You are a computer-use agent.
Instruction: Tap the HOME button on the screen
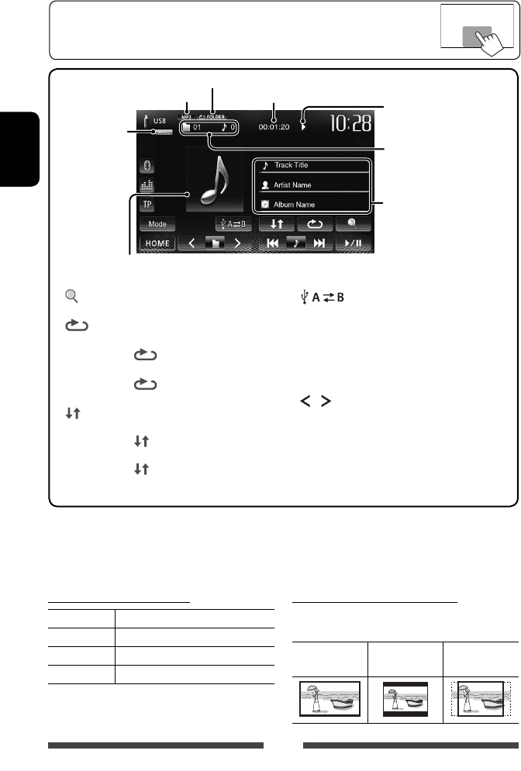pyautogui.click(x=157, y=243)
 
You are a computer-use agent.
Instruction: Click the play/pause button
pyautogui.click(x=354, y=243)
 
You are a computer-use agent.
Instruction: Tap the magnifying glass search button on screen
pyautogui.click(x=354, y=223)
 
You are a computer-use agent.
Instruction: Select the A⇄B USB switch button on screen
pyautogui.click(x=235, y=223)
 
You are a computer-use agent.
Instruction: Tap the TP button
pyautogui.click(x=147, y=205)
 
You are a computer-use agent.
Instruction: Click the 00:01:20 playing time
pyautogui.click(x=277, y=122)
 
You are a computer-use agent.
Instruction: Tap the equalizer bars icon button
pyautogui.click(x=147, y=186)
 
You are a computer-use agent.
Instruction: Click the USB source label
pyautogui.click(x=158, y=121)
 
